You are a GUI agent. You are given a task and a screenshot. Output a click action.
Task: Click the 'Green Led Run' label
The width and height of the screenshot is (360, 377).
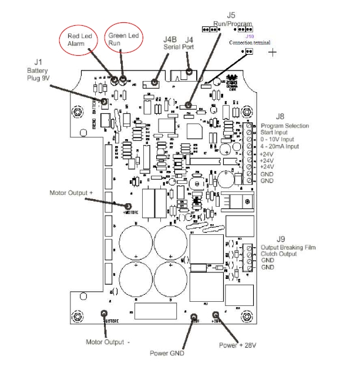pyautogui.click(x=122, y=39)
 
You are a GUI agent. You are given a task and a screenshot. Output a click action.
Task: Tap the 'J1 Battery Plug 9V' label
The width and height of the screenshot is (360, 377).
pyautogui.click(x=39, y=71)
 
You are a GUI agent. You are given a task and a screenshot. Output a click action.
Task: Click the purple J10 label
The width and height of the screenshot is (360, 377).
pyautogui.click(x=250, y=36)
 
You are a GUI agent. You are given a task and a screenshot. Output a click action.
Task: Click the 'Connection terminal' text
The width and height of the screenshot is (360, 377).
pyautogui.click(x=250, y=42)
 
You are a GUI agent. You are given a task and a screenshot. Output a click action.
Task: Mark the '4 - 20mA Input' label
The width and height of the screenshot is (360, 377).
pyautogui.click(x=282, y=147)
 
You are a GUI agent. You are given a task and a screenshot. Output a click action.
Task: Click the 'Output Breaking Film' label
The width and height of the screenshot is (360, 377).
pyautogui.click(x=288, y=247)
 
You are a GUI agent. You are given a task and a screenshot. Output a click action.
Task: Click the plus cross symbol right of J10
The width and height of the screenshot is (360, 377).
pyautogui.click(x=272, y=53)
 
